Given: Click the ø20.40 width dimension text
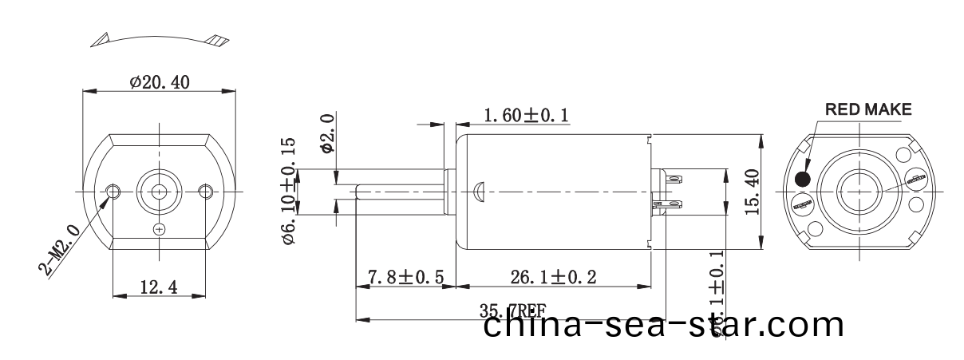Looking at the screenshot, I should coord(160,81).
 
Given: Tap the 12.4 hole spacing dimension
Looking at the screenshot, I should coord(159,287).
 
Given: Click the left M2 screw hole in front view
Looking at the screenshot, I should coord(114,191).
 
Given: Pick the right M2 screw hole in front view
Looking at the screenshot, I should coord(206,191).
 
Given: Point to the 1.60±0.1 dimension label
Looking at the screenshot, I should coord(526,117).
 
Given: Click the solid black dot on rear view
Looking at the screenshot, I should coord(803,179).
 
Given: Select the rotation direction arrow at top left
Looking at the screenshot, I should coord(160,38).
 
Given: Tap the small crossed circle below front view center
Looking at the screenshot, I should coord(160,230).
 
